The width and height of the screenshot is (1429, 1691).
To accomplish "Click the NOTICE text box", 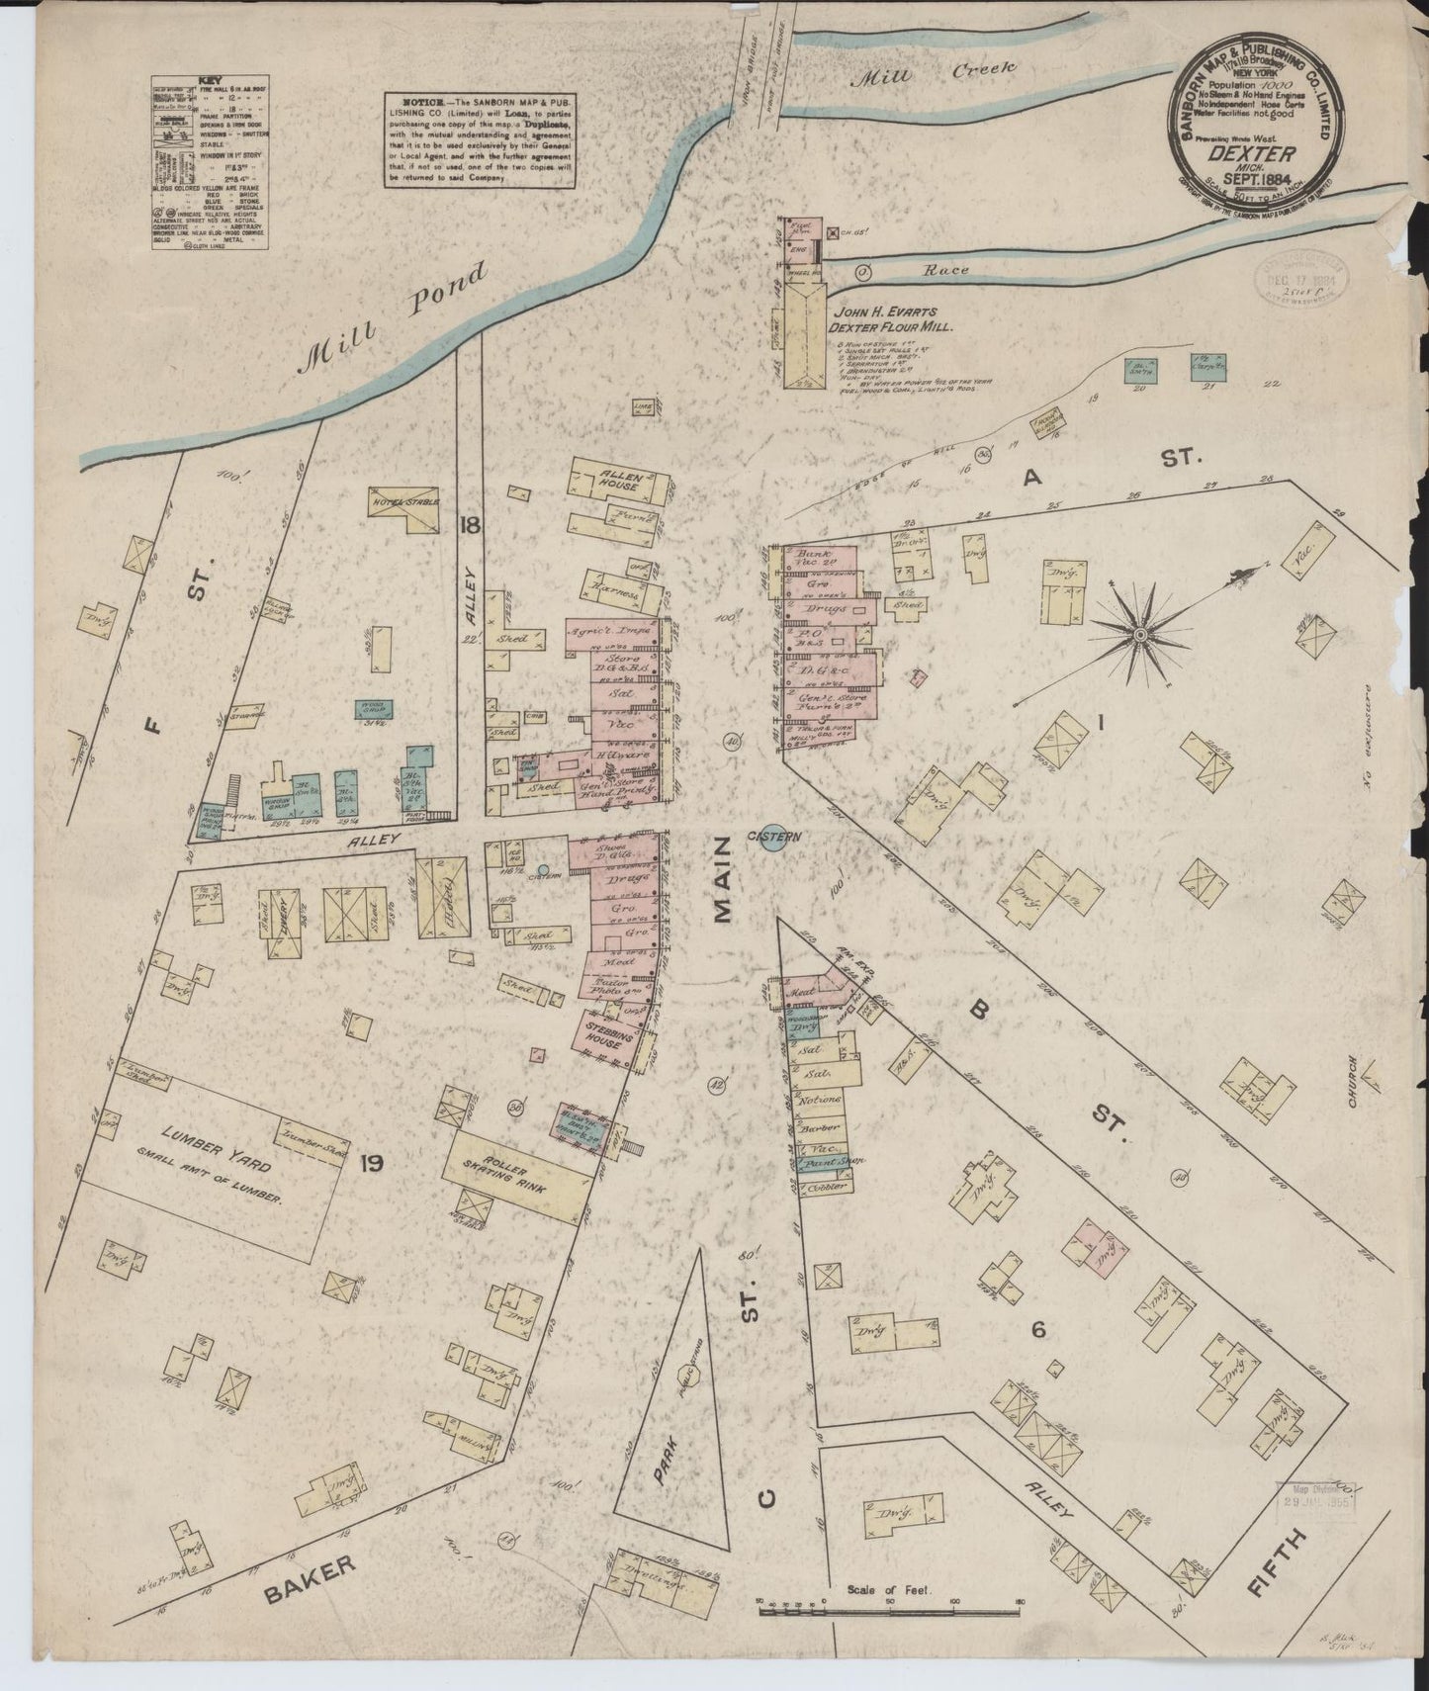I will coord(479,139).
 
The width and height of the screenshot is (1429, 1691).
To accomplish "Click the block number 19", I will coord(372,1163).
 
